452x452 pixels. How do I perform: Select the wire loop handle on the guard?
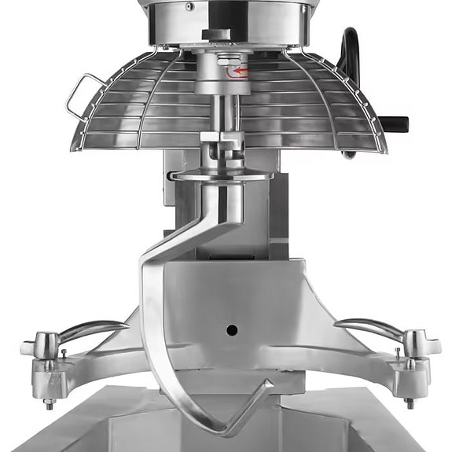[x=82, y=94]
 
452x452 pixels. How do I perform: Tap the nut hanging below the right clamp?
[x=409, y=402]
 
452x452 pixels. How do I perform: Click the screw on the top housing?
[x=189, y=6]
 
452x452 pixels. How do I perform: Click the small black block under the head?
[x=214, y=34]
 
